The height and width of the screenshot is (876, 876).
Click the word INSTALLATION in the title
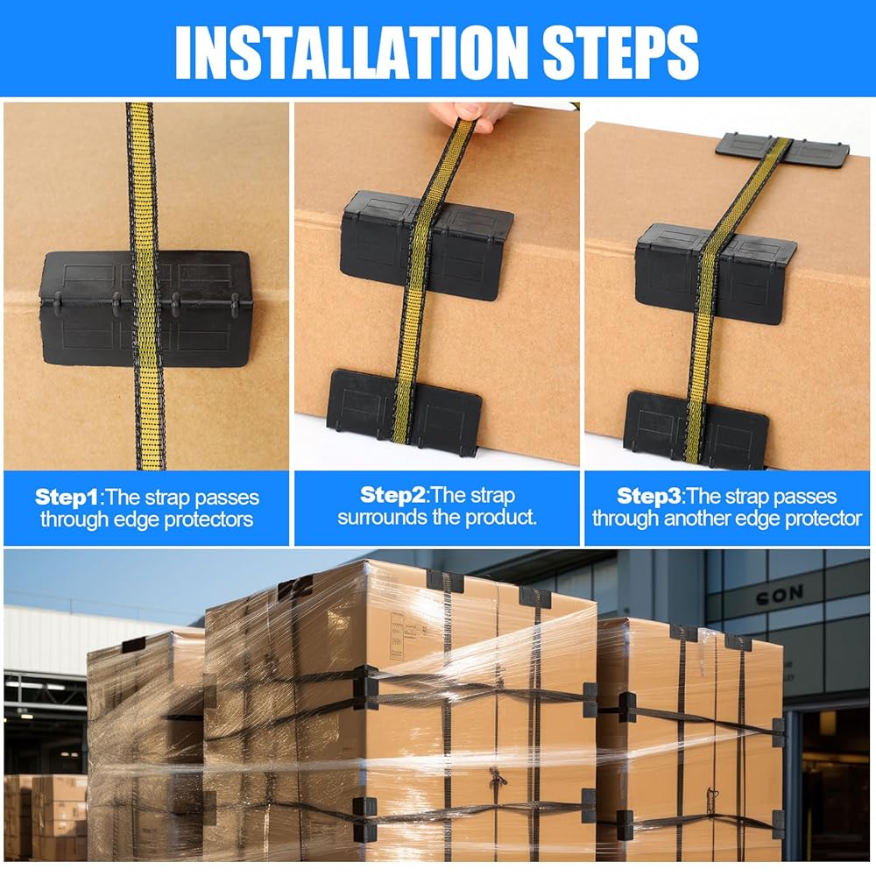tap(351, 53)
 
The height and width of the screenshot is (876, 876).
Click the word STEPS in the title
tap(621, 53)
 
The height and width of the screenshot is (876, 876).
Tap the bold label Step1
tap(66, 497)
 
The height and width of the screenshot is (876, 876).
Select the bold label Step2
tap(392, 494)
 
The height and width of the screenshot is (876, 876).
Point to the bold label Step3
tap(648, 496)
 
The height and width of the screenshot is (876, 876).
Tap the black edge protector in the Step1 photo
tap(145, 307)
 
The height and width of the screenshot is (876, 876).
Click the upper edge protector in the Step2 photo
tap(427, 246)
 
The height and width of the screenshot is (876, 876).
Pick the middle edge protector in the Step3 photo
tap(716, 273)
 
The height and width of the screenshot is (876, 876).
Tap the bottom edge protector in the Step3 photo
tap(696, 429)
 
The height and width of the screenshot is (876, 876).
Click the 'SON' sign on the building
tap(780, 596)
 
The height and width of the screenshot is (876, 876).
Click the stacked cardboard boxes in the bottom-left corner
tap(46, 816)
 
